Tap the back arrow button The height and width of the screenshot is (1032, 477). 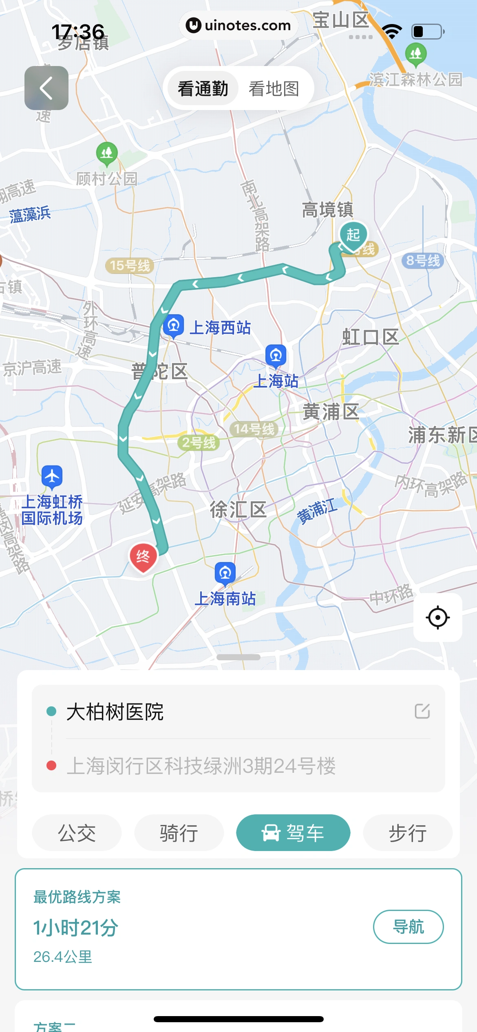(x=46, y=88)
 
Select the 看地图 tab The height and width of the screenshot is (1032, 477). (x=274, y=88)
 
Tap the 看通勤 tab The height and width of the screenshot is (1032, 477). (x=203, y=88)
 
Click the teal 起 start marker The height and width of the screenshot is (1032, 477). (x=353, y=235)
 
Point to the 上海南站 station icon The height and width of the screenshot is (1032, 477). (x=225, y=573)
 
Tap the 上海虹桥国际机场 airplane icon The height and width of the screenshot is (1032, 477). (x=52, y=476)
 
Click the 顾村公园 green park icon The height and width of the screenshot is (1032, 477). (x=107, y=153)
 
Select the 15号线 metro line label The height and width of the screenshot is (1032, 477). (x=130, y=266)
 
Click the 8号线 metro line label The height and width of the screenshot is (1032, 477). (x=423, y=260)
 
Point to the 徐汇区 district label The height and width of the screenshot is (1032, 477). (x=238, y=509)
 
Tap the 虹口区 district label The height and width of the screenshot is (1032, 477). (x=370, y=337)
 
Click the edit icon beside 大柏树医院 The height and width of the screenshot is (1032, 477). (x=422, y=711)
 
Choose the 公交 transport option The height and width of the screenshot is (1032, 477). (x=77, y=833)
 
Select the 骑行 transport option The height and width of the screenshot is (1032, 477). (x=179, y=833)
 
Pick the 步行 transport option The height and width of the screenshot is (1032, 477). (x=408, y=833)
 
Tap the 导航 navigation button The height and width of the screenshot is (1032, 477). (x=408, y=926)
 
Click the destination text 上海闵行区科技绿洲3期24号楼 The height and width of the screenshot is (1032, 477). (x=201, y=766)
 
